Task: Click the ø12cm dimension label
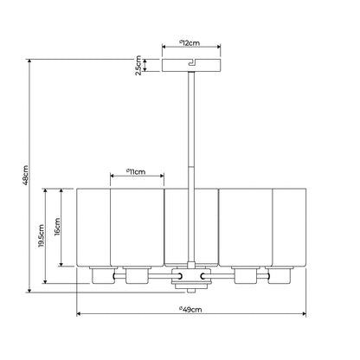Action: [190, 43]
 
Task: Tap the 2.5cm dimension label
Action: [138, 66]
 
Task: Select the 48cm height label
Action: [25, 175]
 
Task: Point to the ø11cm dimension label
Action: [136, 172]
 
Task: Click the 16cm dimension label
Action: [57, 227]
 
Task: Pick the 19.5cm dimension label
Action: [42, 236]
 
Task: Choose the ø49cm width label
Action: [190, 310]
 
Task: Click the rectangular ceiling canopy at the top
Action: [191, 65]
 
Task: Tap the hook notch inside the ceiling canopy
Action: [192, 62]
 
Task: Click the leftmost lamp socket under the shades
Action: [101, 275]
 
